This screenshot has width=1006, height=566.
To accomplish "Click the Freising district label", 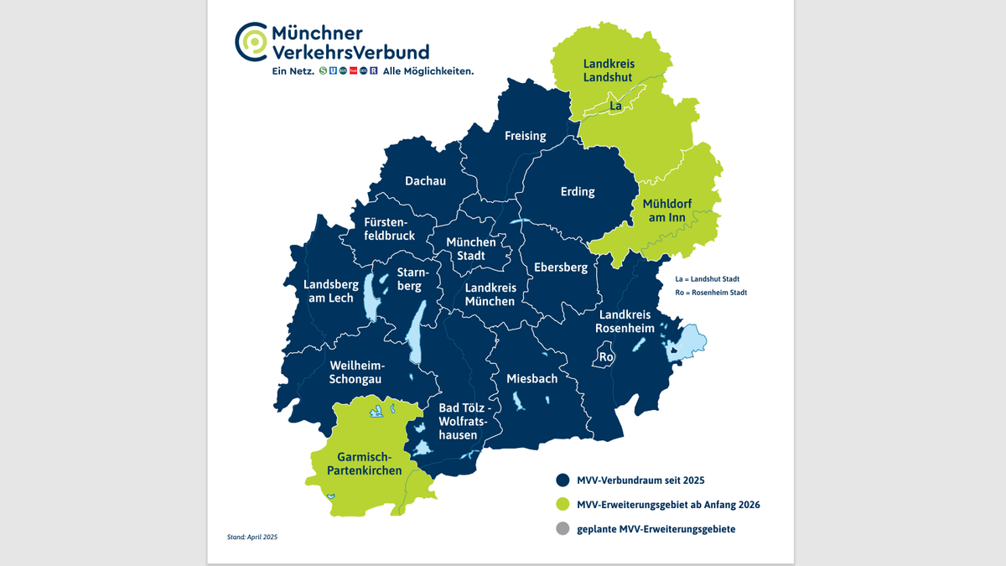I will point(525,136).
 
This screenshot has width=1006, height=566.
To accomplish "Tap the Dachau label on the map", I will point(425,181).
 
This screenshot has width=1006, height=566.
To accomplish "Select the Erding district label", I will point(578,192).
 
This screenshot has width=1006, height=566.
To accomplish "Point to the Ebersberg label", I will point(561,267).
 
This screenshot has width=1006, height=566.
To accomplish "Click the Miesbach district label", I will point(532,379).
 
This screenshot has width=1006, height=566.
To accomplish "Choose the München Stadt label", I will point(470,249).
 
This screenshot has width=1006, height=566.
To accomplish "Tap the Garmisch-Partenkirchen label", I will point(370,465).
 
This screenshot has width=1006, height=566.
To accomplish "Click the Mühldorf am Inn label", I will point(664,211).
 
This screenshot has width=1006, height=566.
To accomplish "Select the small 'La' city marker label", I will point(615,106).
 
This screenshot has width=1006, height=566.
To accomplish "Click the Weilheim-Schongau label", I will point(356,372).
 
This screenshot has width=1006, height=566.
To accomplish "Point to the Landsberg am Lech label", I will point(329,291).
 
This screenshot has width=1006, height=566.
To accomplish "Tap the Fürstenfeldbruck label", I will point(389,229).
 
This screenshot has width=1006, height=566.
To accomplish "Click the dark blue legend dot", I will point(563,480).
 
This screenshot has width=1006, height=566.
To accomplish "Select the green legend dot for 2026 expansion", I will point(563,505).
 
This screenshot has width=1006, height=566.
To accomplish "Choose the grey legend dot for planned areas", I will point(563,529).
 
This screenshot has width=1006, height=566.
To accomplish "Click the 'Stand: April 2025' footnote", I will point(252,537).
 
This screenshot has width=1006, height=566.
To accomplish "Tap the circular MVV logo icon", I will point(251,43).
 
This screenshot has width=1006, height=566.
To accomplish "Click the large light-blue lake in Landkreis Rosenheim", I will point(689,341).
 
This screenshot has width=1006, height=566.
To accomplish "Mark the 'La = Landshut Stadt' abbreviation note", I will point(708,278).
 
